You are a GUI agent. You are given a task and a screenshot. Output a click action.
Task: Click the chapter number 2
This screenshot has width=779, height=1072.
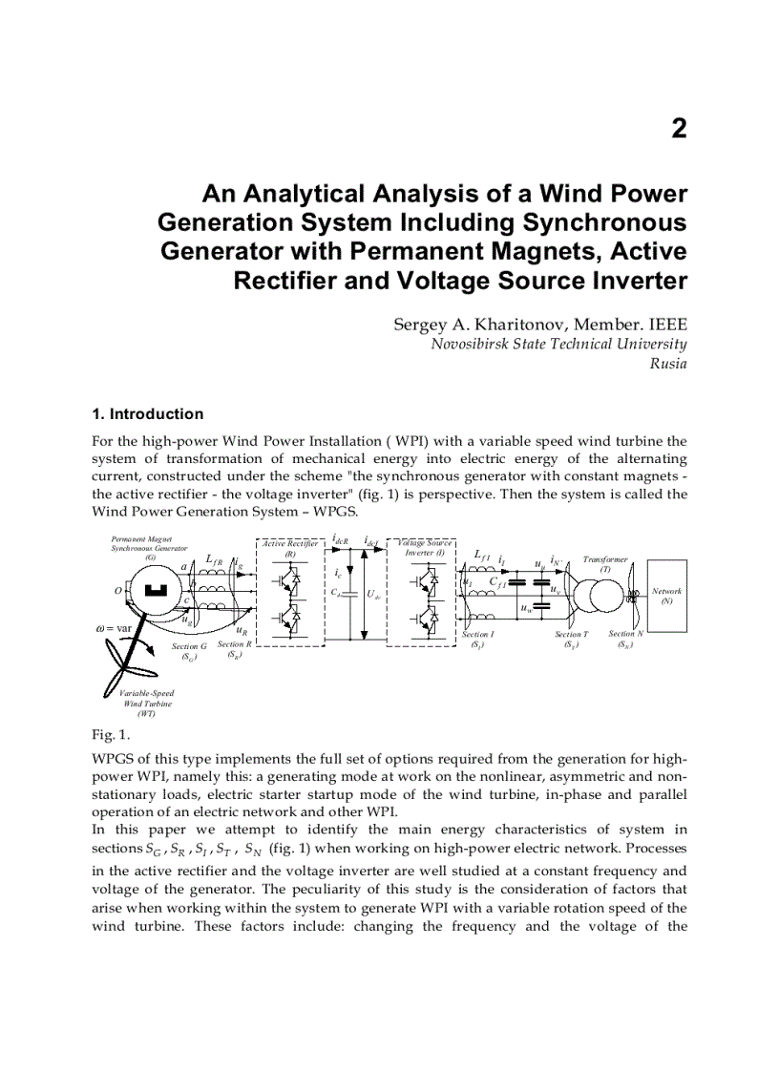679,129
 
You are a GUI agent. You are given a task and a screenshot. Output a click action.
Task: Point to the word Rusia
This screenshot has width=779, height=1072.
668,364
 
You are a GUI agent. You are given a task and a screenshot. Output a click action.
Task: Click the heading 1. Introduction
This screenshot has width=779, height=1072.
147,414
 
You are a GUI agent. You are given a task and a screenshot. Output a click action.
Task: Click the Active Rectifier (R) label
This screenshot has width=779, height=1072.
289,548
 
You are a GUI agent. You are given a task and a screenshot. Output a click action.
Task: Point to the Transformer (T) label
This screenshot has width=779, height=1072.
605,563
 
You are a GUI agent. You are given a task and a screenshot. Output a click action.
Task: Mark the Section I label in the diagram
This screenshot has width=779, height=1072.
477,639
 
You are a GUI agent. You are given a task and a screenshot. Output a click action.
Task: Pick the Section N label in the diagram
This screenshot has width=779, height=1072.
626,638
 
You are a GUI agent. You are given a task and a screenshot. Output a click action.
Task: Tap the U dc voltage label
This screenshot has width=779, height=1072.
373,594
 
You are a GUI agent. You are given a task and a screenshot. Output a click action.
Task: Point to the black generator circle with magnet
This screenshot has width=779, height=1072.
154,591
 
